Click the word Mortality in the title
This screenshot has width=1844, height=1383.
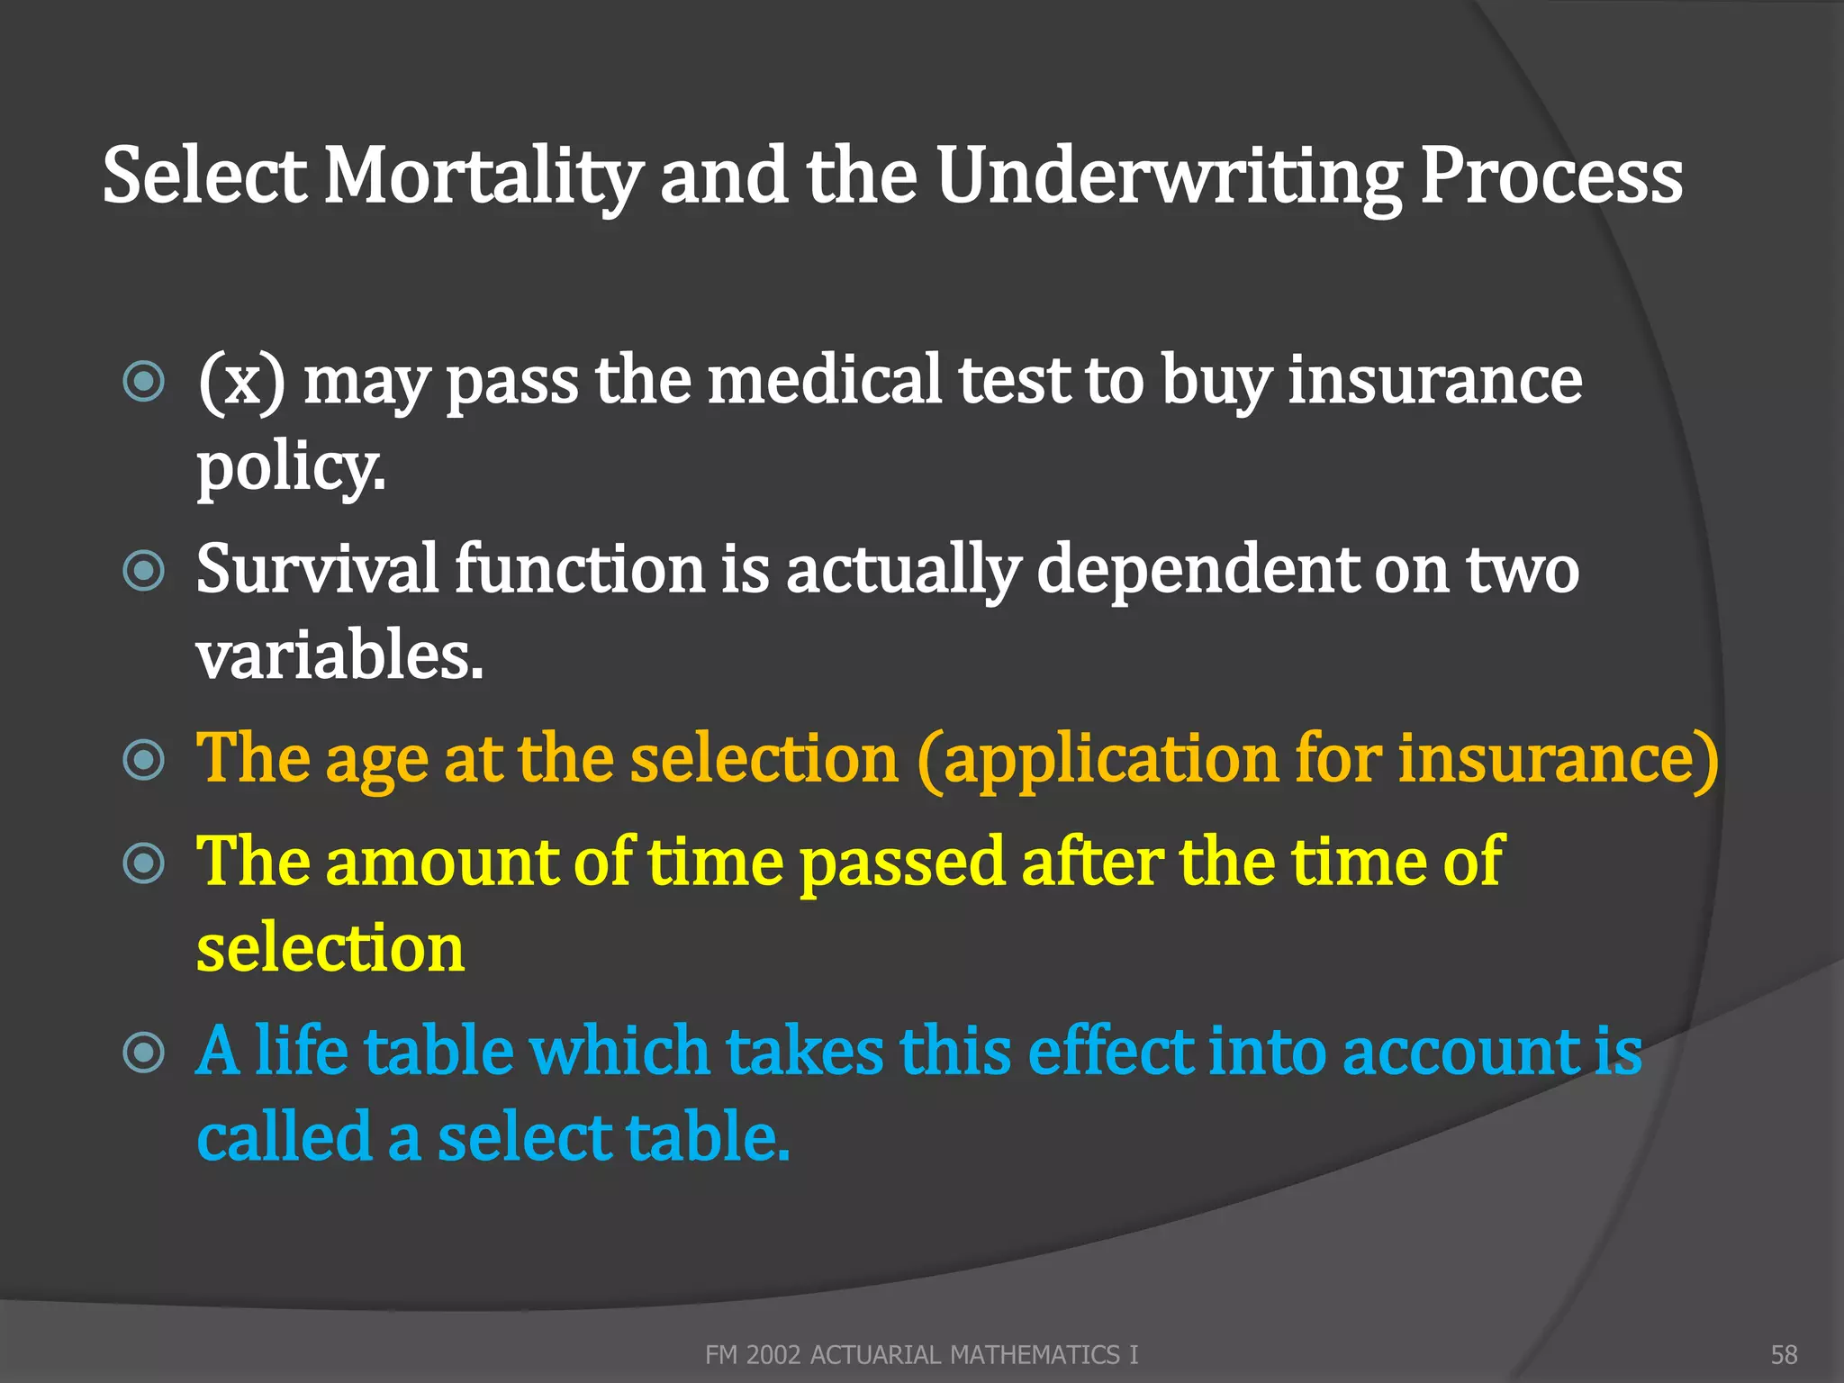(483, 176)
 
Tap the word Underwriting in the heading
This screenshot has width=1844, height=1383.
(1169, 176)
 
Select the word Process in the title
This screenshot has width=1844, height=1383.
(1550, 176)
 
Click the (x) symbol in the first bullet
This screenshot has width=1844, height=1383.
(241, 382)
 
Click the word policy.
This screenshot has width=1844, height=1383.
(290, 468)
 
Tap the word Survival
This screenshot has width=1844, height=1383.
(317, 570)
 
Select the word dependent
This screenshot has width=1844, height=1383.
(1198, 570)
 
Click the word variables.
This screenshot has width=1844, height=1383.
(339, 655)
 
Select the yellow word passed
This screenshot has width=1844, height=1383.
(901, 862)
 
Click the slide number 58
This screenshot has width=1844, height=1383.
(1784, 1354)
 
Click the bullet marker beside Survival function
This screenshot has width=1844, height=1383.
(144, 571)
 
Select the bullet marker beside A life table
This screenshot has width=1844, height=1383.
(144, 1053)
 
